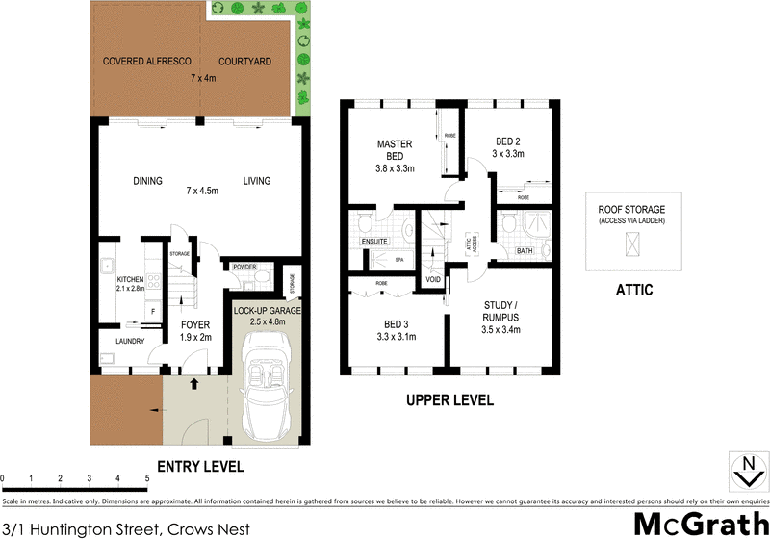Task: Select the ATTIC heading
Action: click(632, 289)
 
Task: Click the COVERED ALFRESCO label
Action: click(146, 62)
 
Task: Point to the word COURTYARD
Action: click(244, 62)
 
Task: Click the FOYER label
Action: click(196, 325)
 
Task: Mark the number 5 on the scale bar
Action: click(147, 478)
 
